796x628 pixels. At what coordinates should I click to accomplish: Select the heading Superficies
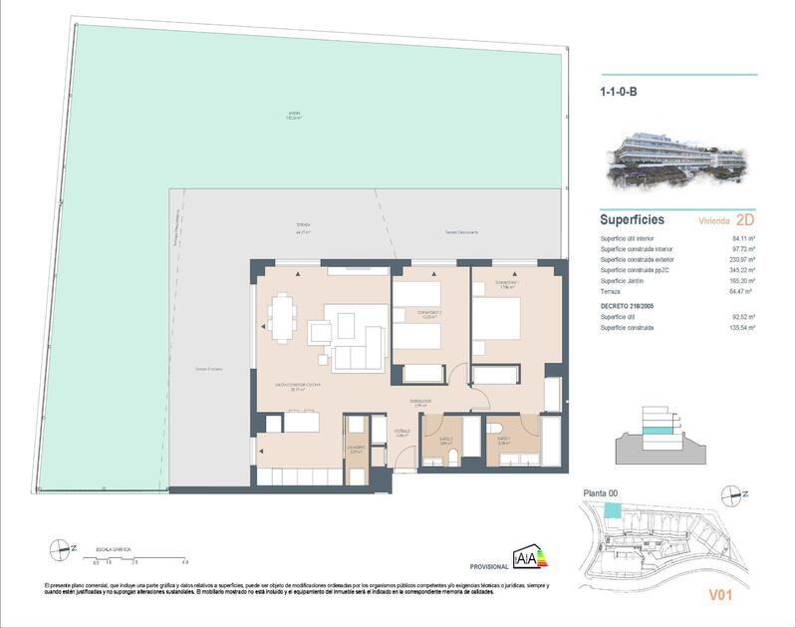click(x=632, y=219)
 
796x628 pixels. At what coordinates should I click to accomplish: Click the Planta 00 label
click(x=600, y=493)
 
